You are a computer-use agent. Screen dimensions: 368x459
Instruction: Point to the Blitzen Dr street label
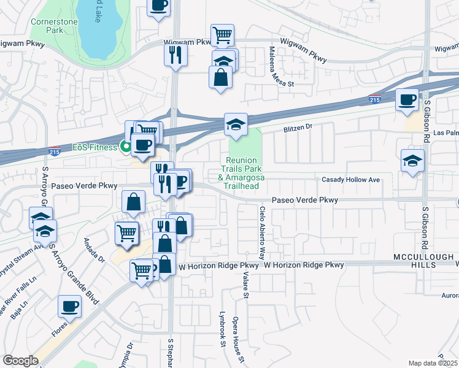click(298, 129)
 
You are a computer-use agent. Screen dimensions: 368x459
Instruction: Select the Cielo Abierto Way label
click(262, 232)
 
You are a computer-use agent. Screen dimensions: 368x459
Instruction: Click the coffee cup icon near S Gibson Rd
click(407, 99)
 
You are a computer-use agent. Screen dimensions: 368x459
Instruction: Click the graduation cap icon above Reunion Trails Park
click(236, 125)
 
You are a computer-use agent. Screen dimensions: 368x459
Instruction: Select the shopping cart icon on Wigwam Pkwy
click(222, 34)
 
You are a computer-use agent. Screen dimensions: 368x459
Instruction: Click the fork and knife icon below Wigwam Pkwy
click(175, 54)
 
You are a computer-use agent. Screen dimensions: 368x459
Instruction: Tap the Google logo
click(20, 361)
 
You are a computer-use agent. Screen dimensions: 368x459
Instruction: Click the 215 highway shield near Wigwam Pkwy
click(374, 99)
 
